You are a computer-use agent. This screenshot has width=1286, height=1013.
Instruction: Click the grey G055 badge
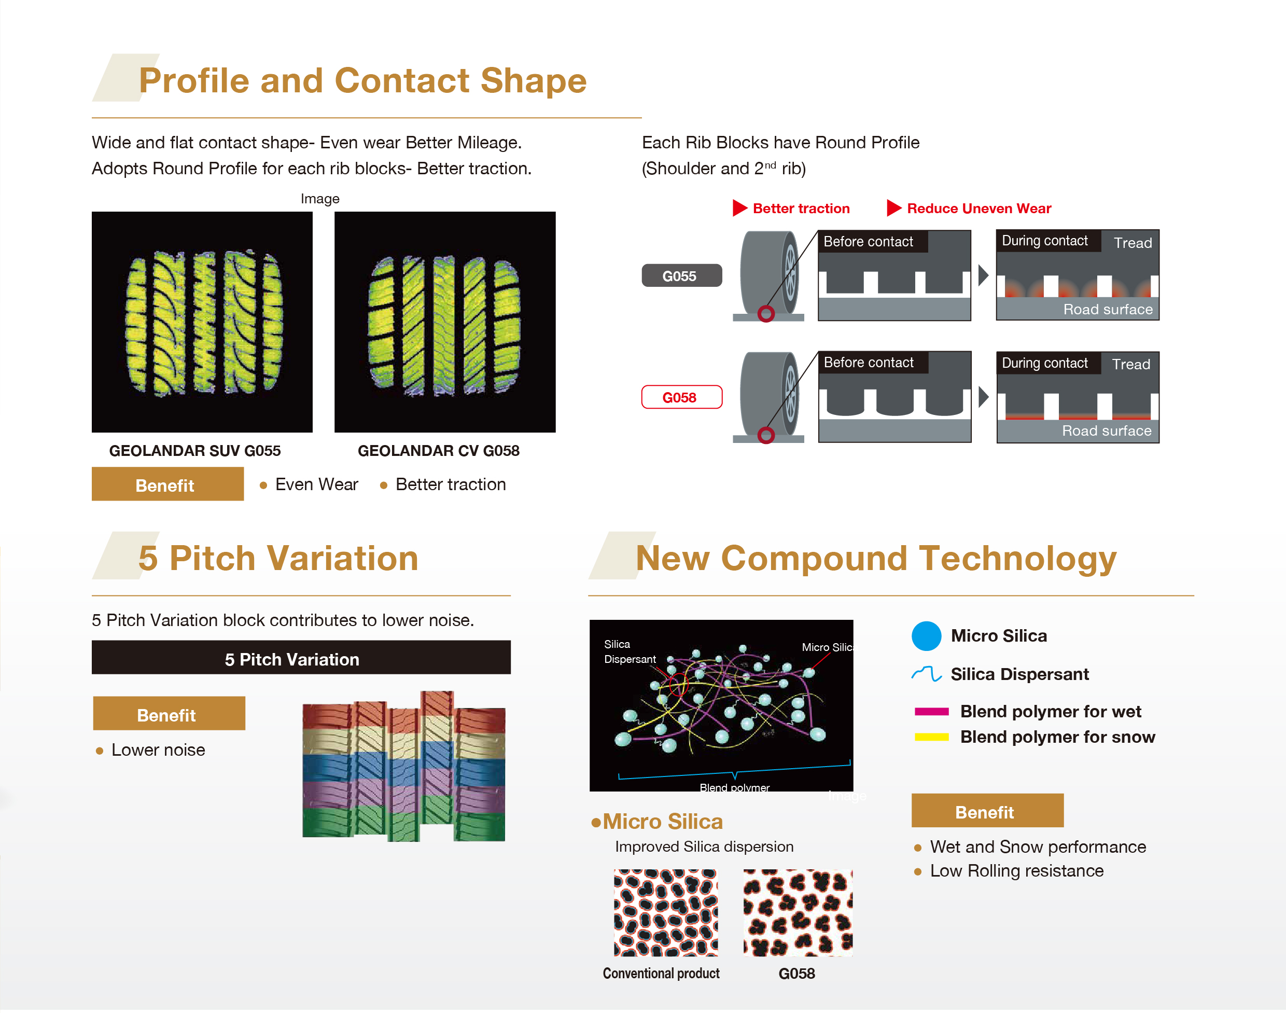[681, 276]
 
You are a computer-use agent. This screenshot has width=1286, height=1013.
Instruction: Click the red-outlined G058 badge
[681, 397]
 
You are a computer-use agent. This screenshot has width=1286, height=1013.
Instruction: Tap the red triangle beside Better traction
[739, 208]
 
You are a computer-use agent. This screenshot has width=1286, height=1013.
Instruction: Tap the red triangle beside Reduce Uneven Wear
[893, 208]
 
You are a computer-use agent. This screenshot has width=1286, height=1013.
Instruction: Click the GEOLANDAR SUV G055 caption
[194, 451]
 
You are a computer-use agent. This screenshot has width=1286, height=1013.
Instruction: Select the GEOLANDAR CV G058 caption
[438, 451]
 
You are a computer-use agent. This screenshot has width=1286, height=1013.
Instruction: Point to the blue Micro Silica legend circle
[926, 636]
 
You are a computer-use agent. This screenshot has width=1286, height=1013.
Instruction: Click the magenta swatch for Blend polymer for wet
[931, 712]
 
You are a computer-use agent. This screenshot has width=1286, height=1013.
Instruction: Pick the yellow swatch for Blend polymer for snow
[931, 737]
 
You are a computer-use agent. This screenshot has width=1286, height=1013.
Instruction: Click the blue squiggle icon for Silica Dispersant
[926, 674]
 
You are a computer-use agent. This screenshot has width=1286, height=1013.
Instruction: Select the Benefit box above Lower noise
[169, 714]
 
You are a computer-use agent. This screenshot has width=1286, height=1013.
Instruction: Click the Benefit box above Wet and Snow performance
[987, 811]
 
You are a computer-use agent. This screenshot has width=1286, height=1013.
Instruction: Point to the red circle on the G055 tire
[766, 314]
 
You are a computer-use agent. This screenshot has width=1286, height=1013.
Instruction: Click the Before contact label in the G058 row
[869, 363]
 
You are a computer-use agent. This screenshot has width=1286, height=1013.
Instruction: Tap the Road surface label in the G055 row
[1108, 310]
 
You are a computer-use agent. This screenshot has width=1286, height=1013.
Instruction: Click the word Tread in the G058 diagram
[1130, 364]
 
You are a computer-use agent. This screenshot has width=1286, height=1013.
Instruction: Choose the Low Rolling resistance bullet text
[1016, 871]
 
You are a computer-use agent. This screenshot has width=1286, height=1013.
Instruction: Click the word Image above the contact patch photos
[319, 199]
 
